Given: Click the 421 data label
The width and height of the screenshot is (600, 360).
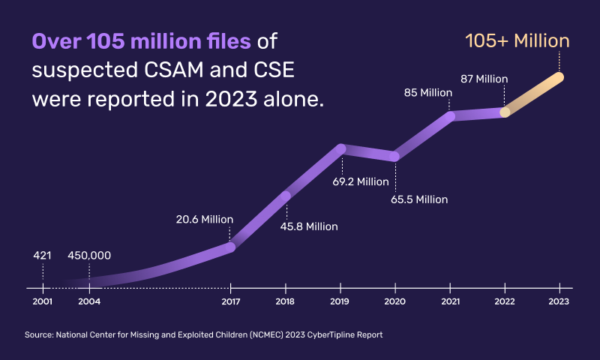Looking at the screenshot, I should pos(42,255).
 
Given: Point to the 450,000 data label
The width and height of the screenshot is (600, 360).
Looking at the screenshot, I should pos(89,255).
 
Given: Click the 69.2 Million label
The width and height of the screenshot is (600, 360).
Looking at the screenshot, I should pos(361,181).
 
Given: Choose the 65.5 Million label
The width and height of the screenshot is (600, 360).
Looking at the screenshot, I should pos(419,199).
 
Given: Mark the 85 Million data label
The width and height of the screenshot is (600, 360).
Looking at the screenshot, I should pos(427,93).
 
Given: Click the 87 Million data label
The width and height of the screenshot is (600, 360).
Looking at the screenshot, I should pos(484,79).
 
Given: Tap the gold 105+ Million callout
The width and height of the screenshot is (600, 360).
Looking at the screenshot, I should pos(517,40).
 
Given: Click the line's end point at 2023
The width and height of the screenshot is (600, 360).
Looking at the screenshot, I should pos(559,76).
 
